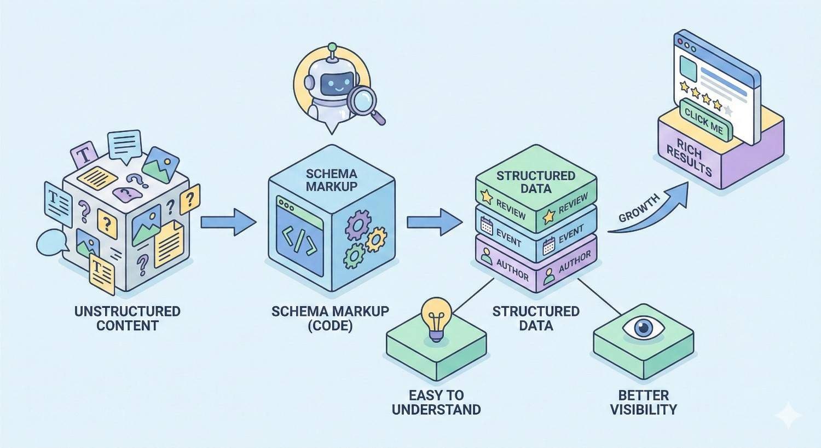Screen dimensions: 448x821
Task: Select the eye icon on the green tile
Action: tap(643, 328)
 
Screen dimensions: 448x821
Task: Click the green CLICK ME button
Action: tap(704, 120)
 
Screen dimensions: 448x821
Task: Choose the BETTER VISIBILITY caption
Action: tap(643, 402)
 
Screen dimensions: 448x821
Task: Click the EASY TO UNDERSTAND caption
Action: tap(436, 402)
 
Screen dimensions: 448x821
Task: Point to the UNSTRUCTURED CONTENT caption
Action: tap(128, 318)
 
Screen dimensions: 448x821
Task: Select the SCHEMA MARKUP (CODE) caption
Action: tap(330, 318)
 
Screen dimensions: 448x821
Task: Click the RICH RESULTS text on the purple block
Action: tap(689, 158)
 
